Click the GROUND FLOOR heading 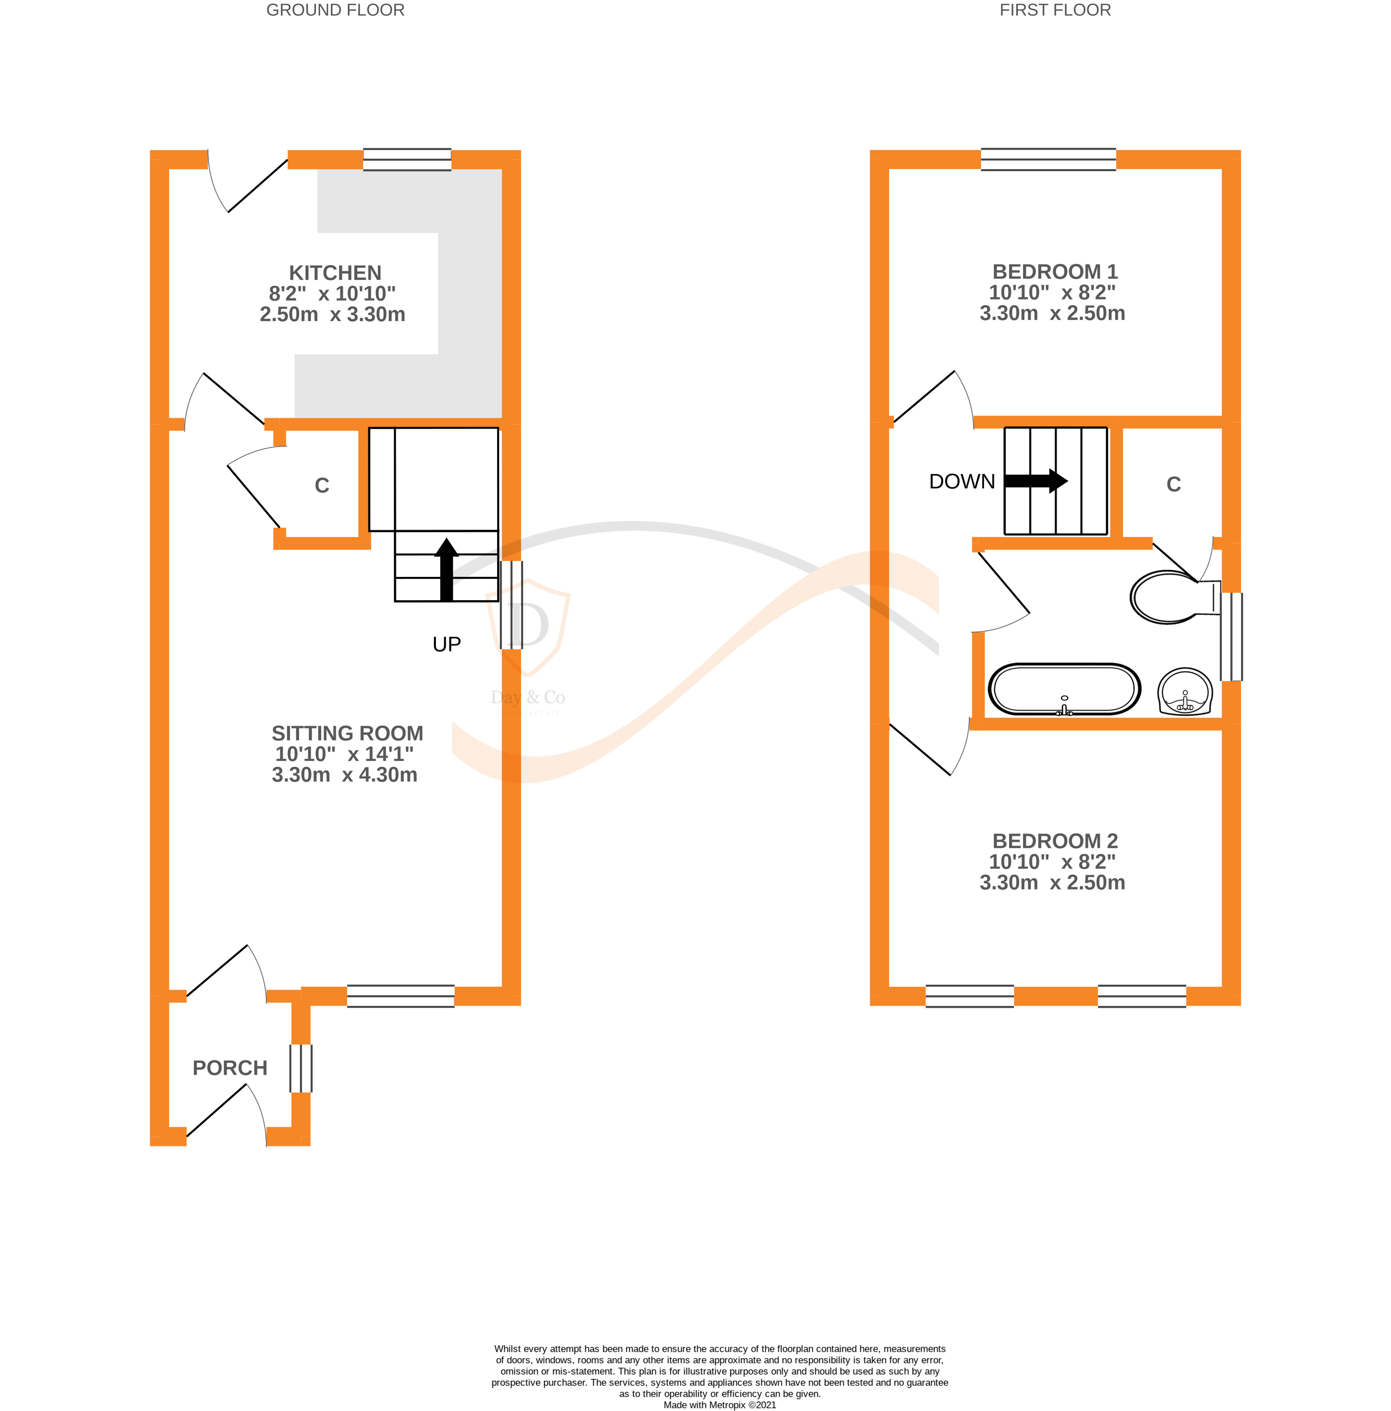(335, 10)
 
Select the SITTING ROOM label (347, 733)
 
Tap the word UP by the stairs (447, 644)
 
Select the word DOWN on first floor (961, 481)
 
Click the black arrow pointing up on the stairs (447, 570)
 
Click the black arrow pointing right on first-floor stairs (1036, 481)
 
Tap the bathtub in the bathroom (1064, 689)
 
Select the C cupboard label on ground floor (322, 486)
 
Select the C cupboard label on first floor (1173, 484)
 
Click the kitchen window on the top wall (407, 159)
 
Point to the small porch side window (301, 1068)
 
